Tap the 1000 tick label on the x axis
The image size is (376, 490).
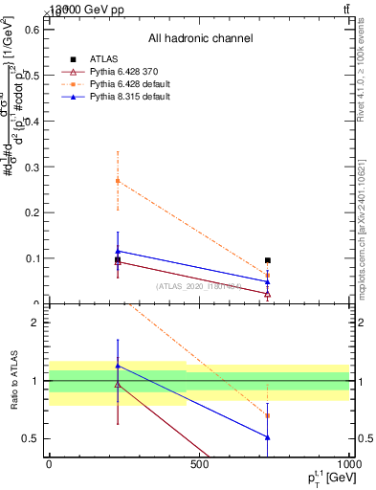(x=349, y=465)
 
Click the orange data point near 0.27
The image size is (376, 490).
(x=118, y=180)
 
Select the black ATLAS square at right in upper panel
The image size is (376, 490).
(x=268, y=260)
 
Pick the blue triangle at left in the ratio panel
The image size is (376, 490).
(x=118, y=366)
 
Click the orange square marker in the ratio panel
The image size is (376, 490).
(x=268, y=415)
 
